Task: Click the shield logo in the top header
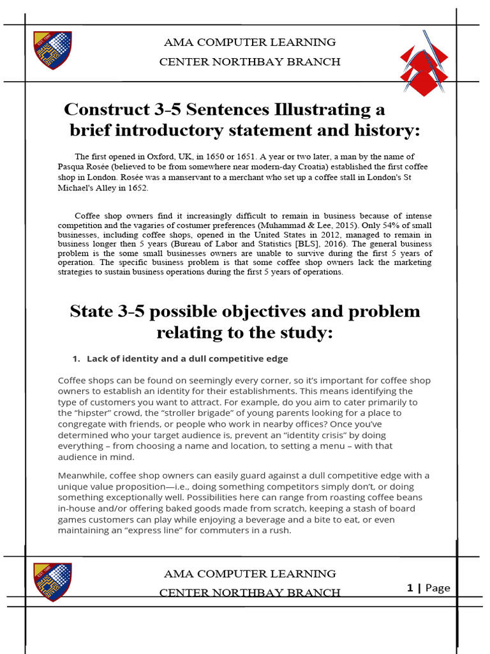(x=52, y=51)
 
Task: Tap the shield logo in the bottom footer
(x=52, y=582)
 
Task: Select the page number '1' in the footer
(x=410, y=588)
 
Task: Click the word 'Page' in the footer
(x=437, y=588)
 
